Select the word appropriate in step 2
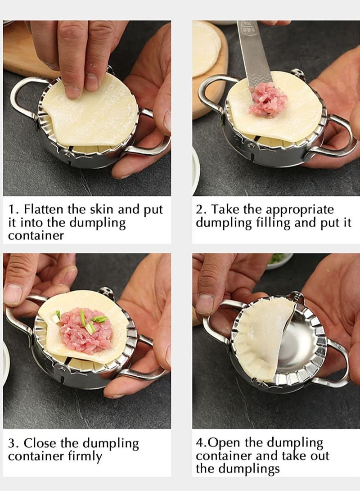300,210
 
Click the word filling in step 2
282,223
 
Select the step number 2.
200,210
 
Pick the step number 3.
13,443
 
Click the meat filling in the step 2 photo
269,100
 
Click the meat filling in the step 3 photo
81,331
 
